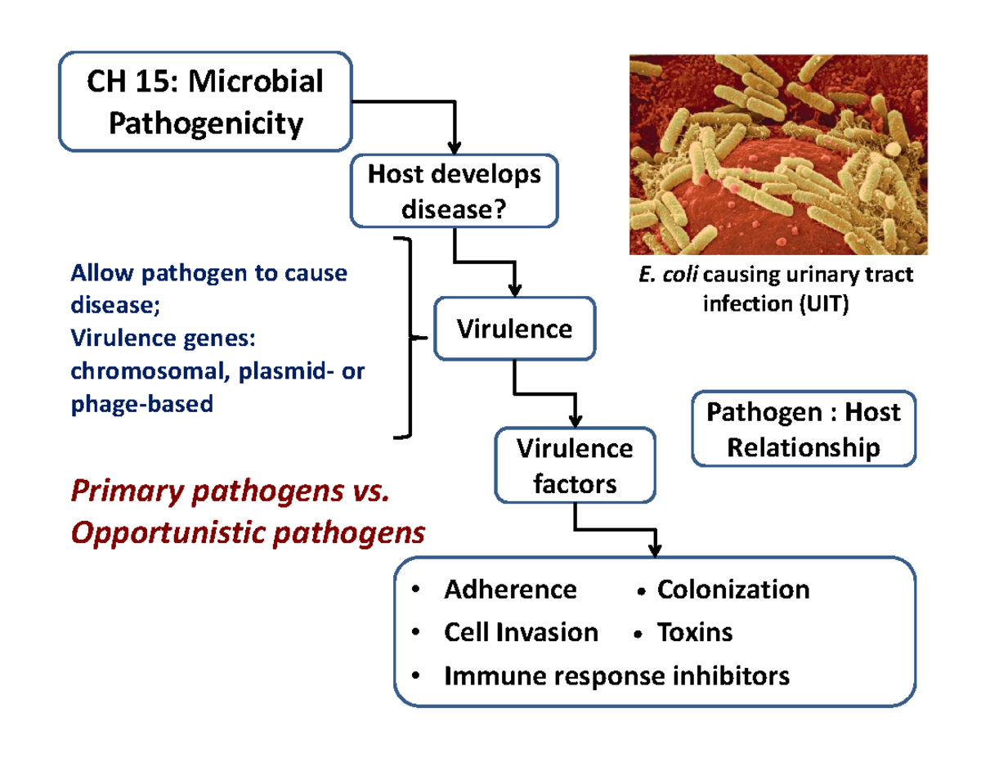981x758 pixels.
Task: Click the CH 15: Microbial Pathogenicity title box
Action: point(205,102)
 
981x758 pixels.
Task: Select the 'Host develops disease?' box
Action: point(454,192)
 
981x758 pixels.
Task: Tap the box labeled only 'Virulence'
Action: point(514,330)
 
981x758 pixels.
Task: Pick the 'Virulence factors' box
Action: point(575,466)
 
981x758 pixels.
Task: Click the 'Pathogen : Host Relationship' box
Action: point(804,429)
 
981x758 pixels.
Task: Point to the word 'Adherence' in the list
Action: point(510,590)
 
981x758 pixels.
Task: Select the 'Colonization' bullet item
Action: point(732,590)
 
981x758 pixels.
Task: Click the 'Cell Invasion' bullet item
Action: point(521,632)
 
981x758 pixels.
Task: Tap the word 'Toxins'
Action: point(694,632)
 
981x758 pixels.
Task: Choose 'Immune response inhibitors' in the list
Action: point(616,675)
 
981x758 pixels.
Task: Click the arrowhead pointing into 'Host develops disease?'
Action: point(455,148)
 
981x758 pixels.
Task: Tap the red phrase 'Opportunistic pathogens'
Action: point(248,533)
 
